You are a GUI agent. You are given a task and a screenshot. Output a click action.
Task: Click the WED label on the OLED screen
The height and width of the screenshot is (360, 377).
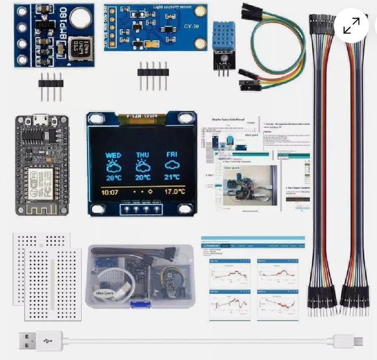pyautogui.click(x=113, y=155)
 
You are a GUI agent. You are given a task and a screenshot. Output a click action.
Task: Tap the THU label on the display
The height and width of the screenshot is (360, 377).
pyautogui.click(x=142, y=155)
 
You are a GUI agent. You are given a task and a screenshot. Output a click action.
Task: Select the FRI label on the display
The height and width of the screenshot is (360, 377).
pyautogui.click(x=172, y=155)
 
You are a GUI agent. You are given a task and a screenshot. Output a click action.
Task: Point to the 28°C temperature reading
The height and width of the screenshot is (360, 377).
pyautogui.click(x=114, y=178)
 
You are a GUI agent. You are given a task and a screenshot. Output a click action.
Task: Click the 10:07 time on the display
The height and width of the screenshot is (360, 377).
pyautogui.click(x=110, y=192)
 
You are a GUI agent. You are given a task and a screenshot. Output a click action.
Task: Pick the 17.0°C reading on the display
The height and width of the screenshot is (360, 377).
pyautogui.click(x=174, y=191)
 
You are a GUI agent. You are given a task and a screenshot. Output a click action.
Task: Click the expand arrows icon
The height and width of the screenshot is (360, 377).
pyautogui.click(x=351, y=26)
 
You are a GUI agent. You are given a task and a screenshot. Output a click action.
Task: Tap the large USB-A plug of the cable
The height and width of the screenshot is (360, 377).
pyautogui.click(x=33, y=340)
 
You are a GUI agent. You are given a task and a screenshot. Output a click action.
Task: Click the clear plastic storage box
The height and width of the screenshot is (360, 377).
pyautogui.click(x=140, y=276)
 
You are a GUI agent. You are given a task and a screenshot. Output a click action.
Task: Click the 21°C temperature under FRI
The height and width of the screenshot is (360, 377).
pyautogui.click(x=172, y=178)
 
